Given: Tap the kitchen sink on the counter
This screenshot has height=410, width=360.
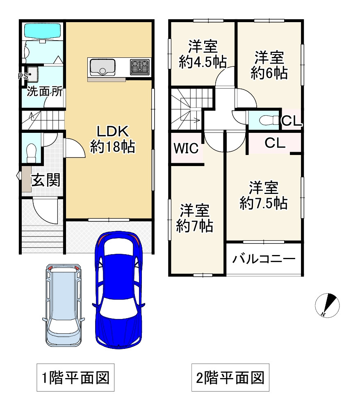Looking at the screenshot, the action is (103, 67).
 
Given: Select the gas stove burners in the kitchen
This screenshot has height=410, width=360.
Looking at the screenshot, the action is (140, 67).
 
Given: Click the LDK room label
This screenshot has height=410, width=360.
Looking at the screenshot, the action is (113, 131).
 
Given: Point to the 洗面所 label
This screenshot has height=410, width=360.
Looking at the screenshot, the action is (45, 91).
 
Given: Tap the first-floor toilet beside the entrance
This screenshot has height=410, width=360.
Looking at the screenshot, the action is (32, 153).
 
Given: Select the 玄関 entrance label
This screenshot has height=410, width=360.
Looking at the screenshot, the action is (46, 180).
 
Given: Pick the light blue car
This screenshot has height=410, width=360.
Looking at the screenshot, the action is (64, 305).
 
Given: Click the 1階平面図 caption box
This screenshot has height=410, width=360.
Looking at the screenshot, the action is (75, 377).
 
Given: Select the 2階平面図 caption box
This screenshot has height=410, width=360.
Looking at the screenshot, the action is (230, 377).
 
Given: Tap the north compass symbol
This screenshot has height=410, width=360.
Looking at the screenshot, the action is (327, 305).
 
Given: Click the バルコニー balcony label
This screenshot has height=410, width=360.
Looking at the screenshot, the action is (264, 259).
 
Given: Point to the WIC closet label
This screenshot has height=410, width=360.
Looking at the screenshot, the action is (186, 148).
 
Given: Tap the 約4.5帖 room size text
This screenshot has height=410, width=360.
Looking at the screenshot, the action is (203, 62).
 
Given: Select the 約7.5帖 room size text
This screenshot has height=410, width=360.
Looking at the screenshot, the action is (264, 203).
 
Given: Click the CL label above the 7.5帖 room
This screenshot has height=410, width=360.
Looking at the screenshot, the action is (275, 143).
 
